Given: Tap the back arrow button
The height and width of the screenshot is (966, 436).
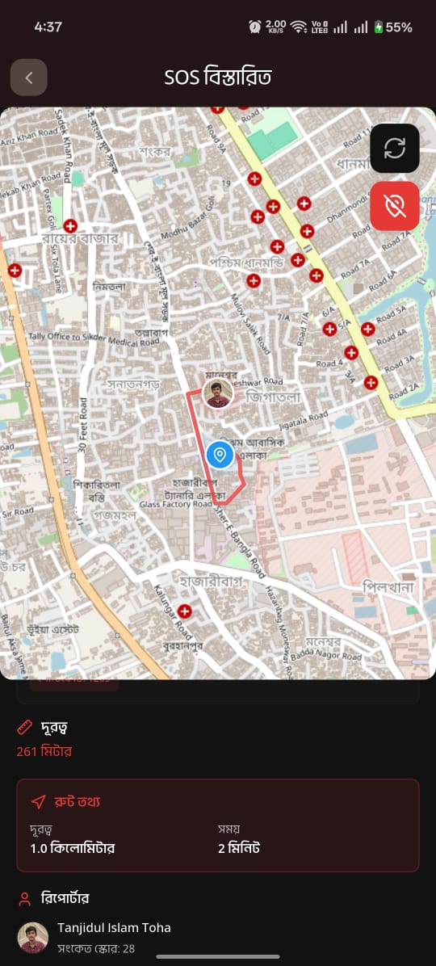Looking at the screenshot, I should tap(29, 78).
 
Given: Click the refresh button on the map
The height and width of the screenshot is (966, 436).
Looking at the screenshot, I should tap(395, 149).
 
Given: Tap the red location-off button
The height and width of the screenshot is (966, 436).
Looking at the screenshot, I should tap(395, 206).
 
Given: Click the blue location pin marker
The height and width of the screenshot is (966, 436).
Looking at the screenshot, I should tap(220, 455).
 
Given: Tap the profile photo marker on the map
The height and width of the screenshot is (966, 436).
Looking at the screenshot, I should tap(218, 393).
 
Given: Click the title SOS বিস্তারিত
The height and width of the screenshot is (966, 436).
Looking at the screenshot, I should tap(218, 78).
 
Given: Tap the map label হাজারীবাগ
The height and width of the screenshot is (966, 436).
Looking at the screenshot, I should tap(207, 581).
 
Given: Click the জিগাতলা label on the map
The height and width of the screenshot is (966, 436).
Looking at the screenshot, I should tap(273, 397).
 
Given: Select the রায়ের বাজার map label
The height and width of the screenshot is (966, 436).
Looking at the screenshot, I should tap(81, 238).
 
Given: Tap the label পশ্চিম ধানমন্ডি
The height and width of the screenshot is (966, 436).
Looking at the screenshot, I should tap(246, 262).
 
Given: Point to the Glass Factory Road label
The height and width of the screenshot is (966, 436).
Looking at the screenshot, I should tap(175, 504).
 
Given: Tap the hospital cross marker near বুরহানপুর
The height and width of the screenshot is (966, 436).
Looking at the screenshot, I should tap(185, 611).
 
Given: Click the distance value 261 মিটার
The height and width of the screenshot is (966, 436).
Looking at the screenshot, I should tap(44, 751).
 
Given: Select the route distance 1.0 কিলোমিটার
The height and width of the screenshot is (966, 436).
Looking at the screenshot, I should tap(73, 848).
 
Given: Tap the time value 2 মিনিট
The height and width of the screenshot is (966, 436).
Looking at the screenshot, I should tap(239, 848).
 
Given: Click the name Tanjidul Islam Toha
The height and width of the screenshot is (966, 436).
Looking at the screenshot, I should tap(114, 927).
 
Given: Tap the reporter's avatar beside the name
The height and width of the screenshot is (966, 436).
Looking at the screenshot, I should tap(33, 937).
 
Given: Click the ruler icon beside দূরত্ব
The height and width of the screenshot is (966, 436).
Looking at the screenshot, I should tap(24, 728).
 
